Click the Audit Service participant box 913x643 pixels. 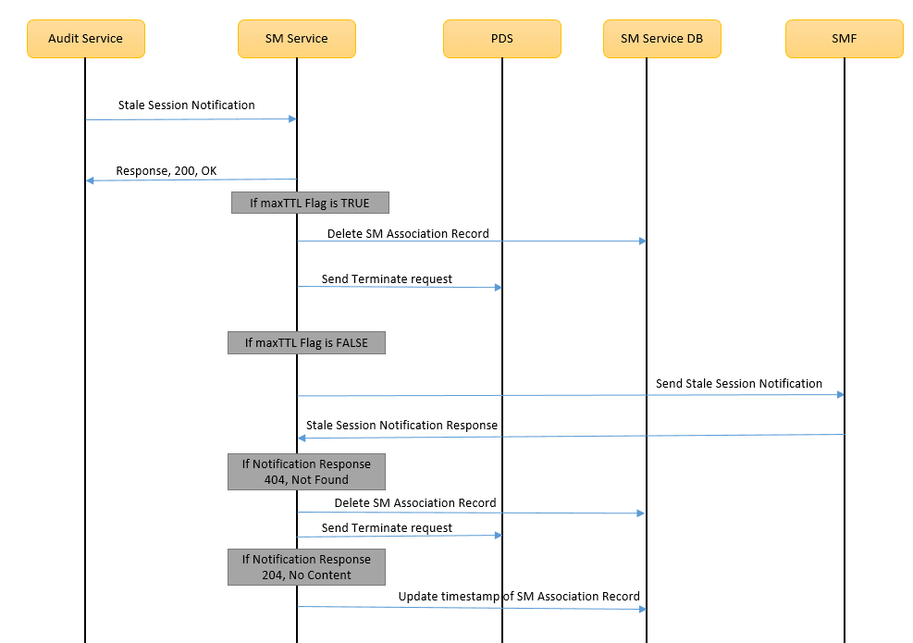85,39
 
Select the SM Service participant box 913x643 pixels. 296,39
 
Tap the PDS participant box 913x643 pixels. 501,39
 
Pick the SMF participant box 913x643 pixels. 844,39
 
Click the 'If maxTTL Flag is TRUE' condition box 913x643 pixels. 310,203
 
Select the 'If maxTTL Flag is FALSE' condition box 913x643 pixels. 306,343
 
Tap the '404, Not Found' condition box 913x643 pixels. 306,472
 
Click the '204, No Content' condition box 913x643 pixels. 306,567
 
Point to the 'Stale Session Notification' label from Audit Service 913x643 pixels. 186,105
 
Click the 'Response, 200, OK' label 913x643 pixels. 167,171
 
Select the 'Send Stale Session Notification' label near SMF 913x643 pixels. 738,383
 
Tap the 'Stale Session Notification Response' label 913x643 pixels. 401,426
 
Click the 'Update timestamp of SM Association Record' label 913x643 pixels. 519,597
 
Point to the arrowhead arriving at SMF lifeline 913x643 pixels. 840,395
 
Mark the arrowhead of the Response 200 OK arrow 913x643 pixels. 90,180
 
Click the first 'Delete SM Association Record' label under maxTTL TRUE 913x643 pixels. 408,234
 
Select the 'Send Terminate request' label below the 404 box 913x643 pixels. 387,528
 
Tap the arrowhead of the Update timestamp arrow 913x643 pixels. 641,609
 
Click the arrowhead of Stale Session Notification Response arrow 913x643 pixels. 302,438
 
